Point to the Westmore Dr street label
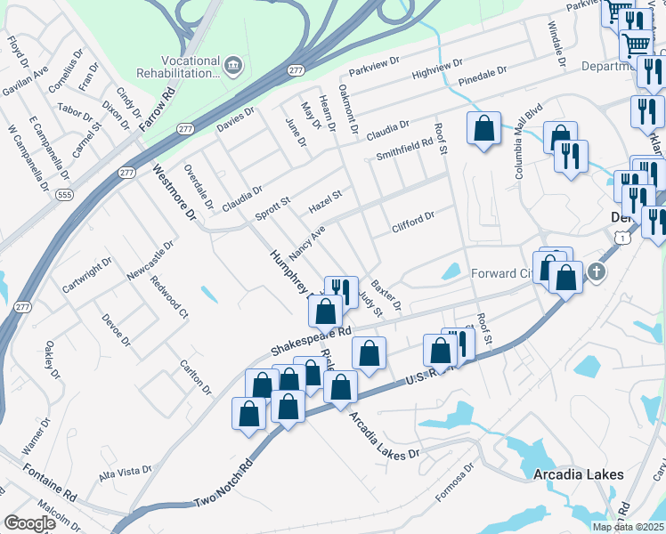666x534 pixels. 175,191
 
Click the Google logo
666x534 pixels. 29,523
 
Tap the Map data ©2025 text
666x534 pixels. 628,527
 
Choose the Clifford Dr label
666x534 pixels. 413,222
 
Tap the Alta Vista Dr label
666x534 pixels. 126,472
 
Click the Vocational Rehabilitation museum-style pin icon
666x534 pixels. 233,64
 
